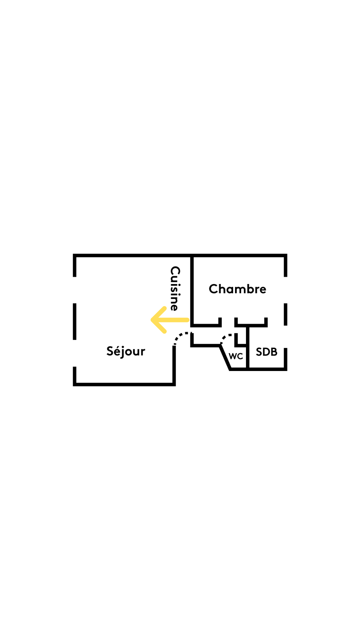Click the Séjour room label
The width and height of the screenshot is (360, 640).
pos(126,351)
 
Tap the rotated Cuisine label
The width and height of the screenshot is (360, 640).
pos(175,288)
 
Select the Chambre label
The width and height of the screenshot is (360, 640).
pos(237,289)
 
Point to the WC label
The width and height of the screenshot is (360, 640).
pos(236,356)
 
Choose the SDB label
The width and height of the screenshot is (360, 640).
pos(266,352)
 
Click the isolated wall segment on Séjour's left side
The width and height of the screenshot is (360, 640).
pos(75,321)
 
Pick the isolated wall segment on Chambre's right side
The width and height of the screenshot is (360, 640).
pos(286,314)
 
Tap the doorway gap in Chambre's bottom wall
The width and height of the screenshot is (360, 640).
pos(228,322)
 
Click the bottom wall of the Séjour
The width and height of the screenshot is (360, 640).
pos(124,384)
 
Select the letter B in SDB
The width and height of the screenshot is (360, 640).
pos(274,352)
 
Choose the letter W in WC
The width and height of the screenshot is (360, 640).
pos(233,356)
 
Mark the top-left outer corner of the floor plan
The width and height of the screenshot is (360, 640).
pos(75,256)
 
